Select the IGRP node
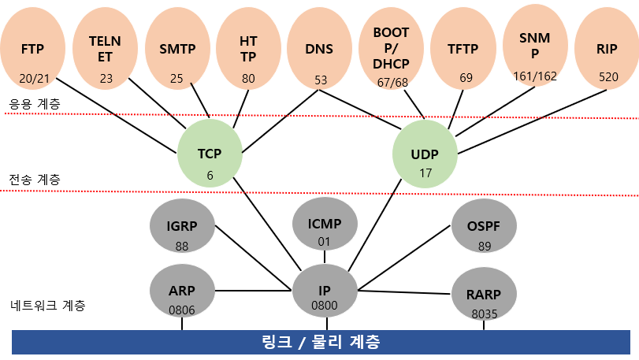182,229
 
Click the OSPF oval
484,229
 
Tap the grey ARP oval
182,292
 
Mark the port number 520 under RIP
607,77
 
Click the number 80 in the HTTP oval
249,78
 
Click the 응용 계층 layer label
33,103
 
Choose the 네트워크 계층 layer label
47,304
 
